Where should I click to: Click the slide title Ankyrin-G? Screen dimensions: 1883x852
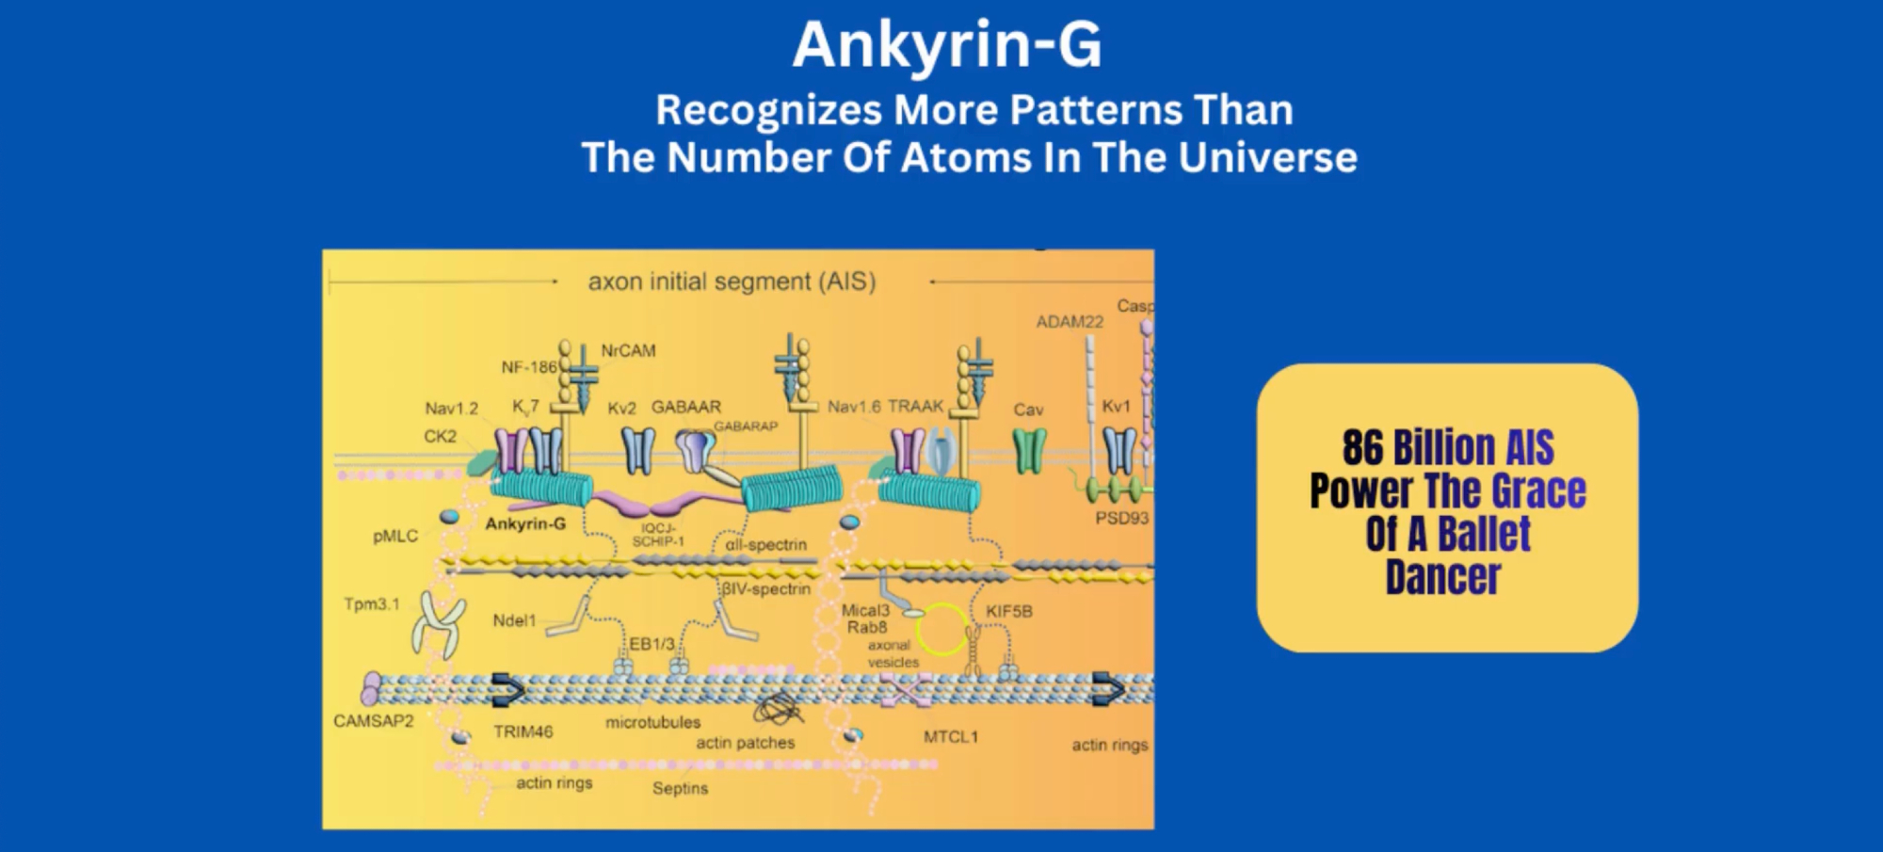[947, 44]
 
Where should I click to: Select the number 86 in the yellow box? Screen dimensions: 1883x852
[1362, 447]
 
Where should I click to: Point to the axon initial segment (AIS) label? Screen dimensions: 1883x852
[732, 281]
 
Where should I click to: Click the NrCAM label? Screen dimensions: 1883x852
[628, 350]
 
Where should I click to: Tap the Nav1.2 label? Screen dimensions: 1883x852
[451, 409]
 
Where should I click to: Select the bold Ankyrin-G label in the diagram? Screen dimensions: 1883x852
[525, 523]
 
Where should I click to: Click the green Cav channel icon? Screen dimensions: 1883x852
[1028, 451]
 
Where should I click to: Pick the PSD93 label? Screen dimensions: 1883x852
[1121, 518]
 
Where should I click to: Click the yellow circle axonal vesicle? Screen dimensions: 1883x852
[941, 629]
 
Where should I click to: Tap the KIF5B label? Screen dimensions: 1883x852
[1008, 611]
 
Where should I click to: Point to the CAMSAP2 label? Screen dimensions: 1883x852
[373, 721]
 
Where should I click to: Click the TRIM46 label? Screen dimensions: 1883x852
[523, 731]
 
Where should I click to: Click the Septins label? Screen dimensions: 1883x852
[680, 788]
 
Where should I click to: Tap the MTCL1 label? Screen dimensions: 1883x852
[950, 736]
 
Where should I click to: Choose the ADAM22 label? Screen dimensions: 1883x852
[1070, 322]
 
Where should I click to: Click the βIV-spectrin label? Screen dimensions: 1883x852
[766, 589]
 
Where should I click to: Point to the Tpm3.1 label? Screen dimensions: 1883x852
[371, 603]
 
